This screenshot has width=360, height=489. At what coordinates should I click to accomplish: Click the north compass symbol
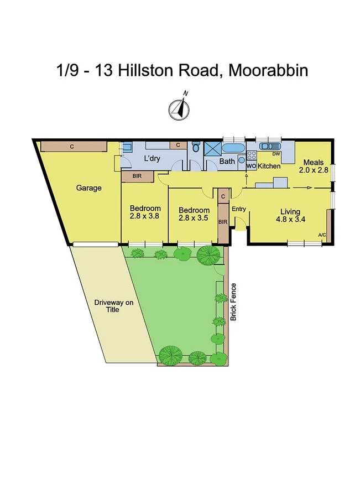click(180, 107)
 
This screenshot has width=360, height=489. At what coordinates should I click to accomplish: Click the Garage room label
click(88, 188)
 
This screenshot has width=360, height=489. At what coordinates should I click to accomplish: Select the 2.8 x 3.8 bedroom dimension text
click(144, 216)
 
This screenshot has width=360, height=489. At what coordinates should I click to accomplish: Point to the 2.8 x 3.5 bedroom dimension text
click(194, 218)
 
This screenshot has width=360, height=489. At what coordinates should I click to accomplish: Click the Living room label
click(290, 212)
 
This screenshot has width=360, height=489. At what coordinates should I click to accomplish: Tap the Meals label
click(314, 163)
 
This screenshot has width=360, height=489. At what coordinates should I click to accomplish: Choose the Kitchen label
click(269, 166)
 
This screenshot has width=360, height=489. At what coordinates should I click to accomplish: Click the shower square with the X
click(212, 149)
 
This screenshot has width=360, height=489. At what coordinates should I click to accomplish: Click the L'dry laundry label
click(152, 159)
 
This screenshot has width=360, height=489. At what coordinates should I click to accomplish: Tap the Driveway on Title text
click(109, 306)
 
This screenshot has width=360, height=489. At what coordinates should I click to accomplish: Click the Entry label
click(238, 209)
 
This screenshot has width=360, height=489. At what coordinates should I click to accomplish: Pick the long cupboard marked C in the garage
click(74, 146)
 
